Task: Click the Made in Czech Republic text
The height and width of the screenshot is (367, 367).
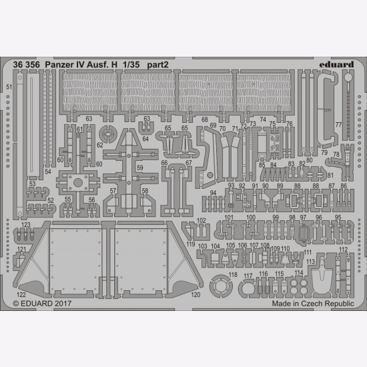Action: pyautogui.click(x=313, y=303)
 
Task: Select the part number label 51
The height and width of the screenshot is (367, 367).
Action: pyautogui.click(x=8, y=87)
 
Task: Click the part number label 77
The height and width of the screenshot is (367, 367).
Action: pyautogui.click(x=338, y=125)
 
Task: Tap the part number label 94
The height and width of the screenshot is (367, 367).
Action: pyautogui.click(x=214, y=193)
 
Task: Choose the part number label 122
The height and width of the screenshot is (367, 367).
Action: pyautogui.click(x=21, y=294)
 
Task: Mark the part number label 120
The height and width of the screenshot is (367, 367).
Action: pyautogui.click(x=196, y=294)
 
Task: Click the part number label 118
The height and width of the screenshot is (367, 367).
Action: pyautogui.click(x=233, y=275)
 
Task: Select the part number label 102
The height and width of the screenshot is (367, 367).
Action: pyautogui.click(x=202, y=220)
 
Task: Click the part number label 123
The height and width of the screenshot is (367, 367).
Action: pyautogui.click(x=25, y=225)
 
